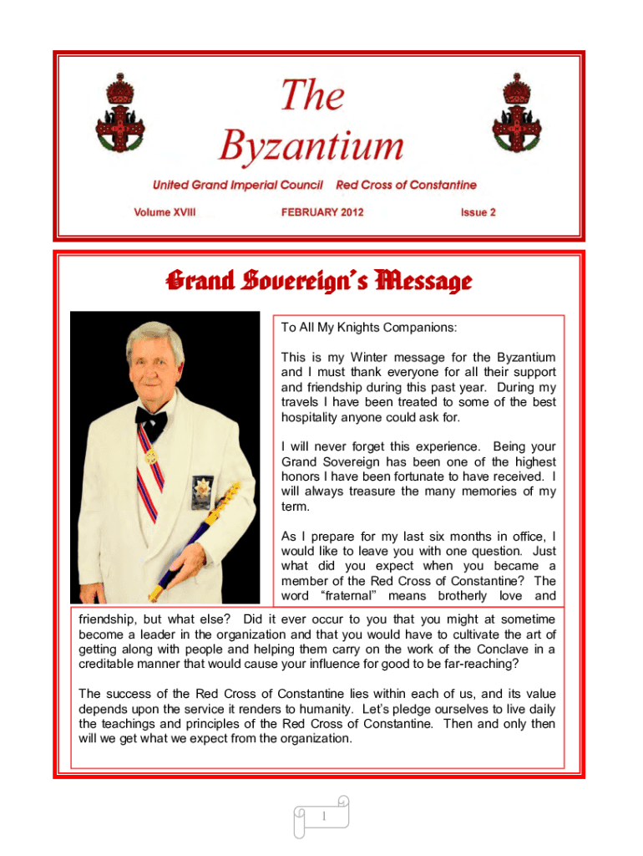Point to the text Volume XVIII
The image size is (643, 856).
[165, 212]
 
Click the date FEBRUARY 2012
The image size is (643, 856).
[322, 212]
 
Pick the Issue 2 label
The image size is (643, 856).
[478, 212]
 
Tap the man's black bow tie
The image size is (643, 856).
[151, 415]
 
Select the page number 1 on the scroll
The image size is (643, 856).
[321, 815]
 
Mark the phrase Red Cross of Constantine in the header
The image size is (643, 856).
[406, 185]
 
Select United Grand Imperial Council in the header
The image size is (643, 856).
[237, 185]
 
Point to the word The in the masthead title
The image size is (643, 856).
[312, 94]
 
